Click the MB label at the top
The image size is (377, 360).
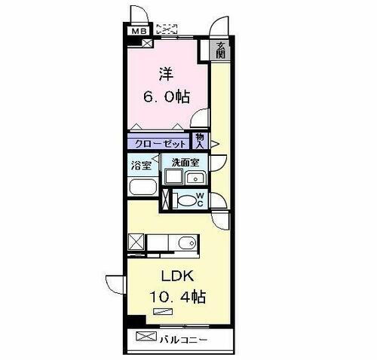(139, 31)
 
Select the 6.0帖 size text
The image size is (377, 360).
(167, 97)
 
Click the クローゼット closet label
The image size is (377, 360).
(160, 142)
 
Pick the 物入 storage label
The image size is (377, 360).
(200, 141)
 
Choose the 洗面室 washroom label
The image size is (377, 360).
(184, 163)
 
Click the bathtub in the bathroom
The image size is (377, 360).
(142, 188)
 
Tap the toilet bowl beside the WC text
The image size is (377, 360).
(185, 200)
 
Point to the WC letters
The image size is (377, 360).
(200, 200)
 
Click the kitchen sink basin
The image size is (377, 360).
(185, 243)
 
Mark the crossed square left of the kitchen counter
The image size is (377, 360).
(136, 243)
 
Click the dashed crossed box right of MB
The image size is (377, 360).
(166, 30)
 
